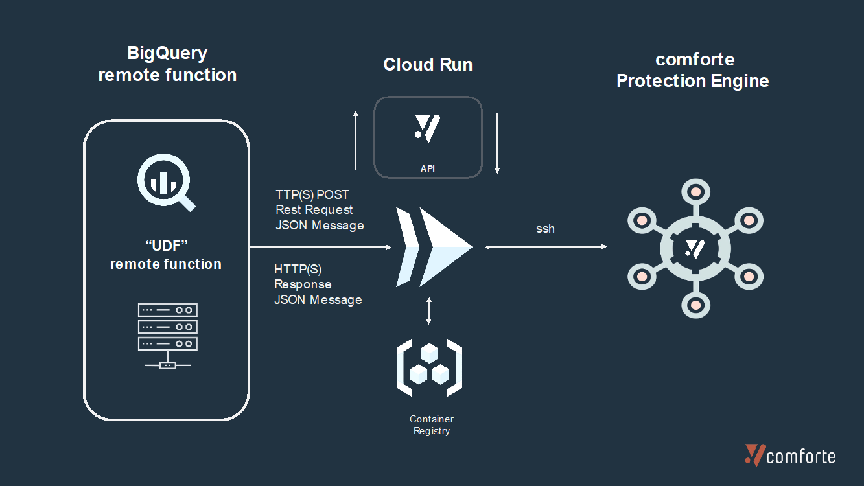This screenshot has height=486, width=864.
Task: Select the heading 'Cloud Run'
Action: [428, 65]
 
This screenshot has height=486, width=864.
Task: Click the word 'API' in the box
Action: [428, 168]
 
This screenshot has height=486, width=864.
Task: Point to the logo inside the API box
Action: [428, 128]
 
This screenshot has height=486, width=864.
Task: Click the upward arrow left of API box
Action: [355, 139]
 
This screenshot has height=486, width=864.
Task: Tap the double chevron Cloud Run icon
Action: [433, 247]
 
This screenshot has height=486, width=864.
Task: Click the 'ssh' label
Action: [545, 229]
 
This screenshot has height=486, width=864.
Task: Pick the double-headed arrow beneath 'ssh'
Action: [545, 247]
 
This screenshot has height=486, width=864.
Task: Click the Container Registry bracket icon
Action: [429, 367]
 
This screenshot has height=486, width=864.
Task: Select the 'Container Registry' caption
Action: [432, 425]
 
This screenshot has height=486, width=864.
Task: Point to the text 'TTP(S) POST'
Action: [312, 194]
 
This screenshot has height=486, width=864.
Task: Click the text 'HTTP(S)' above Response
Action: [298, 269]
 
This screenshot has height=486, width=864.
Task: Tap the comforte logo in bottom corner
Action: [790, 456]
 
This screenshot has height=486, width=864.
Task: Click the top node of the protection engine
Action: [695, 192]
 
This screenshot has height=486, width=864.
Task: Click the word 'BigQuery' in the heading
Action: [167, 53]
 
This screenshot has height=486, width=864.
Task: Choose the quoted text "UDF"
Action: [166, 246]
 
